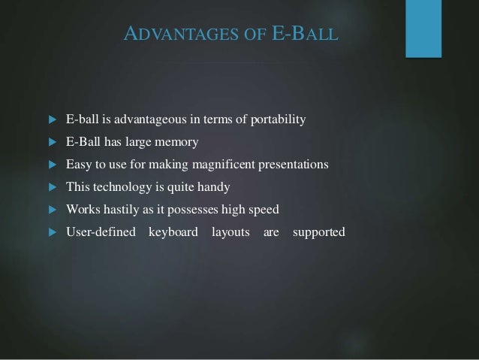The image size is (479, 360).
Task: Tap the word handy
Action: [213, 186]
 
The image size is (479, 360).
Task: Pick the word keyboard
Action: [173, 231]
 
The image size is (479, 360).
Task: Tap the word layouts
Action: [230, 231]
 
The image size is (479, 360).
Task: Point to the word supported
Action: [318, 231]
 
